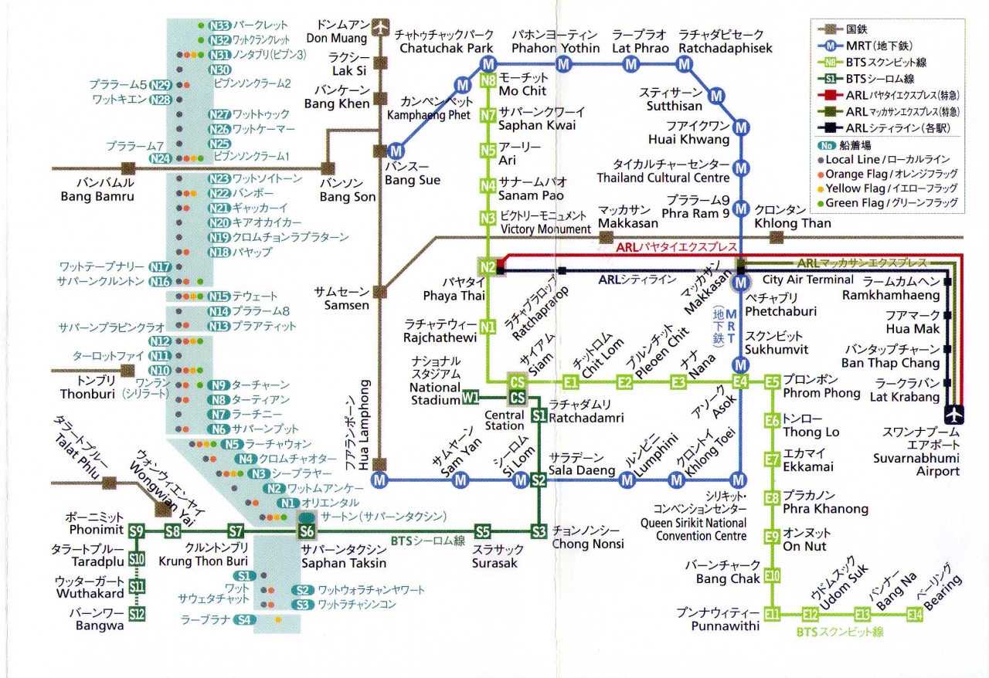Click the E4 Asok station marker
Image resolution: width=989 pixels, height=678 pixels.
pos(741,381)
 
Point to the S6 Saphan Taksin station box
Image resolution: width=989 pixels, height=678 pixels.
pos(307,531)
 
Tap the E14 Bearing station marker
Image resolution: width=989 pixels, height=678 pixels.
pos(915,615)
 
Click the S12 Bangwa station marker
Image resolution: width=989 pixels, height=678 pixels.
pos(137,615)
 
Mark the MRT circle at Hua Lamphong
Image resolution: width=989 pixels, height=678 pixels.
pos(379,480)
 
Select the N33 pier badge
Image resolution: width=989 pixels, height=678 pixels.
pos(220,25)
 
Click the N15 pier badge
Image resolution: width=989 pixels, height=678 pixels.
pos(219,296)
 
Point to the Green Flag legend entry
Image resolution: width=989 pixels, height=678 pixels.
pos(889,203)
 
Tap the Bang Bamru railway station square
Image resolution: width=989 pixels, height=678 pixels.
pos(128,167)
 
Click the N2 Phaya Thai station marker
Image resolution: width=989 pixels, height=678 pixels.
pos(488,267)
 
